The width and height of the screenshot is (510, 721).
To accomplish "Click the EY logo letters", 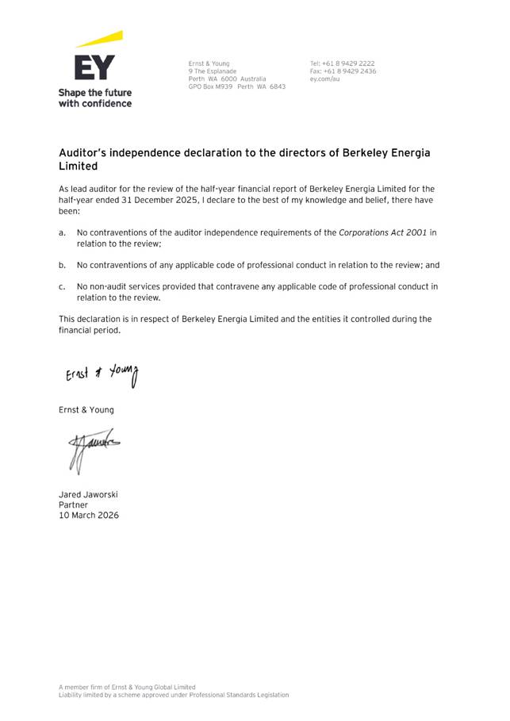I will click(x=94, y=67).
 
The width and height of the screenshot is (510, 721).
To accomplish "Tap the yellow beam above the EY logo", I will click(x=100, y=39).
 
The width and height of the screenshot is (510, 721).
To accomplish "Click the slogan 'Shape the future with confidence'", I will click(x=95, y=98).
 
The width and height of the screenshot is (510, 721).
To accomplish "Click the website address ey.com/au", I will click(x=325, y=79).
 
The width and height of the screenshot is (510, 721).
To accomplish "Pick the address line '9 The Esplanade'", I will click(x=213, y=71).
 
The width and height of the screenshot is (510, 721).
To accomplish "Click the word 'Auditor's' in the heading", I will click(x=85, y=152).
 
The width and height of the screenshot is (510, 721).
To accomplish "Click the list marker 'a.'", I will click(x=62, y=232).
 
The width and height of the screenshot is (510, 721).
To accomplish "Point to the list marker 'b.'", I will click(x=62, y=265).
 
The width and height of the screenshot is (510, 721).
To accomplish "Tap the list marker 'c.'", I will click(x=62, y=286).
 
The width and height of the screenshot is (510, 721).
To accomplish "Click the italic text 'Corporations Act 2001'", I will click(x=382, y=232).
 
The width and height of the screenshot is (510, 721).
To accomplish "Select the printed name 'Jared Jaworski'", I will click(x=88, y=494).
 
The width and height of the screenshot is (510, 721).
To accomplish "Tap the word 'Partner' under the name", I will click(x=73, y=504).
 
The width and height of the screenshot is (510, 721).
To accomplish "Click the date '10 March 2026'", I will click(x=89, y=515).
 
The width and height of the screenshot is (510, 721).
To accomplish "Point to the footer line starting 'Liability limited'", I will click(x=174, y=695).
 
